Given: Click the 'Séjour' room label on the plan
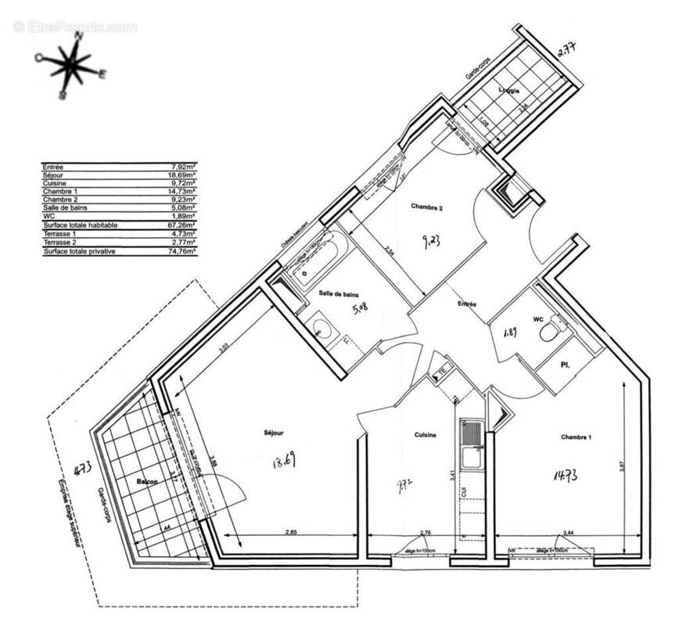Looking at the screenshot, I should coord(273,433).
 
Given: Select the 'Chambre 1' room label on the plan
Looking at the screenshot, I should coord(576,437).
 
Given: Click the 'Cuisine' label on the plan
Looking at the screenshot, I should coord(426,435).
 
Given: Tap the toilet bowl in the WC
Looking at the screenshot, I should coord(550,331).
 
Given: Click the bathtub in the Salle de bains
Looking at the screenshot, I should coord(313,264).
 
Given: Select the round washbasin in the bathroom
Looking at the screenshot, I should coord(321,329).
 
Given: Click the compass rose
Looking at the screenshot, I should coord(71,65).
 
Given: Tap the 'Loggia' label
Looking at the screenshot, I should coord(510,88).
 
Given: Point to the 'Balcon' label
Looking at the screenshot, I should coord(148,482).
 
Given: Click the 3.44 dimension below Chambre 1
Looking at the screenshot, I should coord(562,533).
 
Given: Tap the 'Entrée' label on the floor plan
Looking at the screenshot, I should coord(467,304).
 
